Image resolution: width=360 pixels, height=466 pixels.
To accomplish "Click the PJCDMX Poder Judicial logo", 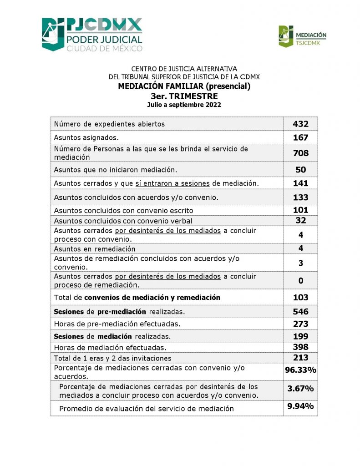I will (92, 35).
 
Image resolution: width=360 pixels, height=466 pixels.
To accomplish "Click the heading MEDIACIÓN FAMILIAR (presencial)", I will (184, 86).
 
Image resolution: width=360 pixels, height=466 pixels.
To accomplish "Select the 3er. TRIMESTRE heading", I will (184, 96).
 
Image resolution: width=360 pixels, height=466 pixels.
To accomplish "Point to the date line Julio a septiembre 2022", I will (184, 105).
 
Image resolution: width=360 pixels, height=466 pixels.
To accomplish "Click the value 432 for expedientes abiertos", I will (300, 124).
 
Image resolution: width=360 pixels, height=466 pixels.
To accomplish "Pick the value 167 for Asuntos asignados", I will (300, 137).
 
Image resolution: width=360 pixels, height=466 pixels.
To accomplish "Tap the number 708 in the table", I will (300, 153).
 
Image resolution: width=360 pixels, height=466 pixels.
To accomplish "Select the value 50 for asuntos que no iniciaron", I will (300, 170).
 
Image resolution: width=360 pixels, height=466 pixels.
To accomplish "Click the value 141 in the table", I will (300, 183).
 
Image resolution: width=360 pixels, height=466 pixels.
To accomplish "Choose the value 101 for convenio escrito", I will (300, 210).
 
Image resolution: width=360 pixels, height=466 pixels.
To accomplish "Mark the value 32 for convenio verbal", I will (300, 221).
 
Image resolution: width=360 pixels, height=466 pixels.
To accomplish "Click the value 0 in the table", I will (300, 281).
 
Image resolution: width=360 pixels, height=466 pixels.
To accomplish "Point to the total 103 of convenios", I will (300, 298).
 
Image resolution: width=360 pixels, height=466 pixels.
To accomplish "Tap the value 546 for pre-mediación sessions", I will (300, 312).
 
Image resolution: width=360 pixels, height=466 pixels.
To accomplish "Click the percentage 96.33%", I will (300, 370).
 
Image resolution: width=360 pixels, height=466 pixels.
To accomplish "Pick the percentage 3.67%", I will (300, 389).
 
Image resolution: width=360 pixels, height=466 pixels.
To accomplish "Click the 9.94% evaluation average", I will (300, 406).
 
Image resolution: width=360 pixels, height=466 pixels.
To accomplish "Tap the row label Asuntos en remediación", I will (95, 249).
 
